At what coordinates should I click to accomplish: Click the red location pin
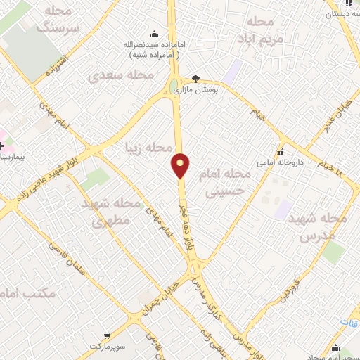point(181,165)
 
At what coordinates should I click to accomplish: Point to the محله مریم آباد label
point(259,30)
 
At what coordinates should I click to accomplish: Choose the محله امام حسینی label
point(232,181)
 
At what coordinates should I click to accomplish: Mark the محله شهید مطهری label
point(112,212)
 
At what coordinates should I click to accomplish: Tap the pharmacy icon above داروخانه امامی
point(281,152)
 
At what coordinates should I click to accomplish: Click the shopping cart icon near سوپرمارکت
point(106,336)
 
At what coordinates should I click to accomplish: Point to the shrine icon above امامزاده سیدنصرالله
point(154,34)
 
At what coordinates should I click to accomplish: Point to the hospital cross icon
point(2,125)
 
